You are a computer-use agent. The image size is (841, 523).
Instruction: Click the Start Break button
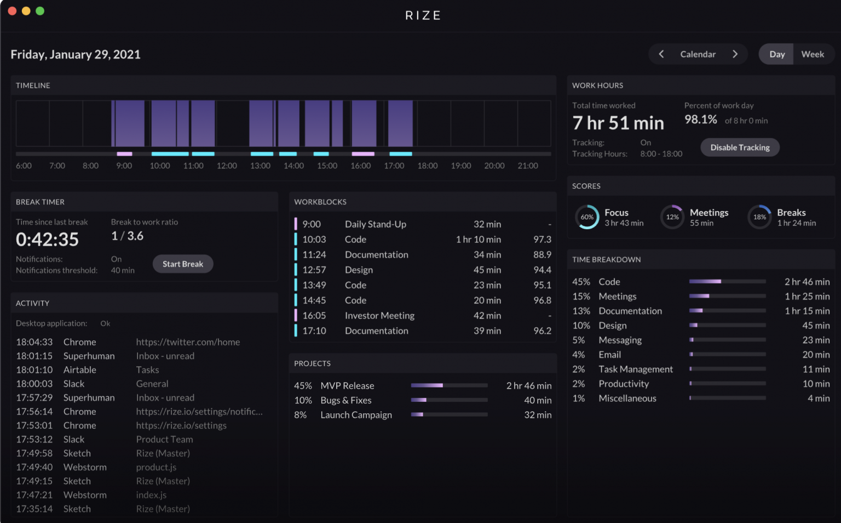pos(183,264)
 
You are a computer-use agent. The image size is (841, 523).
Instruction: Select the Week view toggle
pos(813,54)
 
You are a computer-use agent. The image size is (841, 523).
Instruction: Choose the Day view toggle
pos(776,54)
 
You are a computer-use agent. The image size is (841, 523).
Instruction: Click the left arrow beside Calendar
pos(661,54)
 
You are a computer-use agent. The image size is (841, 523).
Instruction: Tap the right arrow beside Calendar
pos(735,54)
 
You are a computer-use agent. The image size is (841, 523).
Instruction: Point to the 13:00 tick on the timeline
pos(260,166)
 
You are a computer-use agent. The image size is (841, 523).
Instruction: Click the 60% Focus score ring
pos(587,217)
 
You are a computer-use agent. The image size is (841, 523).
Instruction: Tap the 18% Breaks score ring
pos(759,217)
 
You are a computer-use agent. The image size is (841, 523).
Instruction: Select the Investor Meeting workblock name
pos(379,316)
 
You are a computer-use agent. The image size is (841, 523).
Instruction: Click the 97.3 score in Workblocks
pos(542,240)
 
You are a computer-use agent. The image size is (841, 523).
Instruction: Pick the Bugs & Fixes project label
pos(346,401)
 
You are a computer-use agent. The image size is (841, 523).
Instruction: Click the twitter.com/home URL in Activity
pos(188,342)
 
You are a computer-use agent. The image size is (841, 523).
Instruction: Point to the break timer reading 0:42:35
pos(48,240)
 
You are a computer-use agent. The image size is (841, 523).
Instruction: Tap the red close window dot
pos(12,11)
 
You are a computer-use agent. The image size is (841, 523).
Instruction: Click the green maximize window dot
pos(40,11)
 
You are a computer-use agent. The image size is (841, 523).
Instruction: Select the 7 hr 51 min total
pos(618,123)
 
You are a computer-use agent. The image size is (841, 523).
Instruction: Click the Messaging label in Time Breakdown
pos(620,340)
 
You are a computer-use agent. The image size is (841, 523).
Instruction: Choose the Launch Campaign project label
pos(356,415)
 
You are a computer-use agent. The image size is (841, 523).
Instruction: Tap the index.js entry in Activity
pos(151,495)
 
